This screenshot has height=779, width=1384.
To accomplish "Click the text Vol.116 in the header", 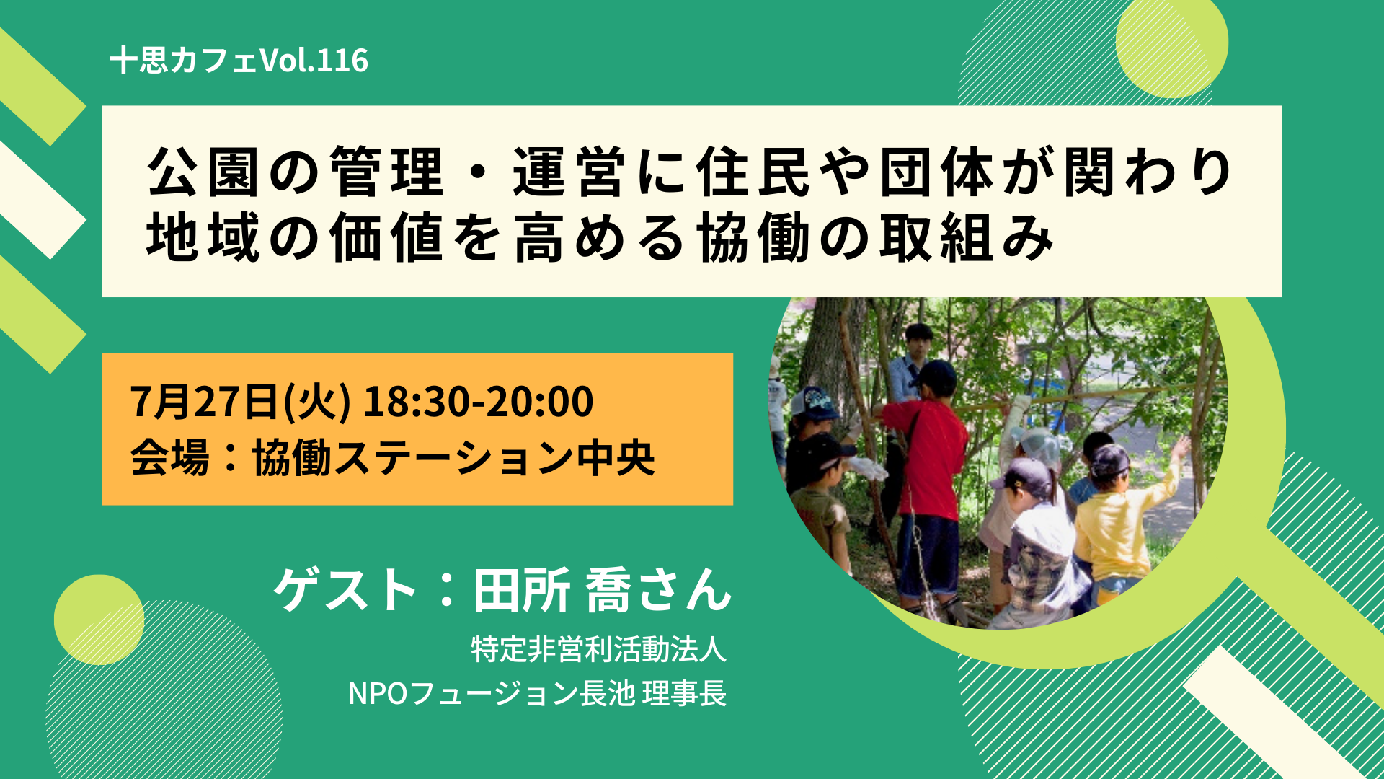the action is (x=314, y=61).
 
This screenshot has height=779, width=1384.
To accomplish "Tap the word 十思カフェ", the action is (x=184, y=61).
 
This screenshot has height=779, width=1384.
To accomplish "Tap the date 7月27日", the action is (x=205, y=401).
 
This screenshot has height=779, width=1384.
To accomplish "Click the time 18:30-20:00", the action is (x=478, y=401).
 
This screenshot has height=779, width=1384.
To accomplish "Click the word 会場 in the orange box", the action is (x=169, y=457).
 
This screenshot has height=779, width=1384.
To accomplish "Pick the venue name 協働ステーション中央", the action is (x=453, y=457).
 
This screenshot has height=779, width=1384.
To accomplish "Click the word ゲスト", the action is (x=345, y=590).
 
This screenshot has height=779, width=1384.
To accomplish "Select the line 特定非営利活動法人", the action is (x=598, y=649).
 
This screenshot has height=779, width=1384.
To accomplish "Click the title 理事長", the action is (x=684, y=693).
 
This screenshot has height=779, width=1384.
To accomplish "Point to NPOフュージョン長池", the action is (x=492, y=693).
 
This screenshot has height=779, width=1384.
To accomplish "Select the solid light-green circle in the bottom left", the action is (x=99, y=620).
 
